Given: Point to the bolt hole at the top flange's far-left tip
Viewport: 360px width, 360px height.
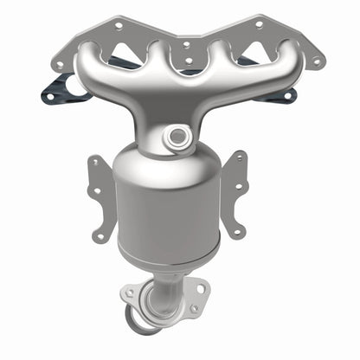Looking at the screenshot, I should (58, 62).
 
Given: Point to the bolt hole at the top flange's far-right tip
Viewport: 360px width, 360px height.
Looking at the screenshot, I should (318, 62).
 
